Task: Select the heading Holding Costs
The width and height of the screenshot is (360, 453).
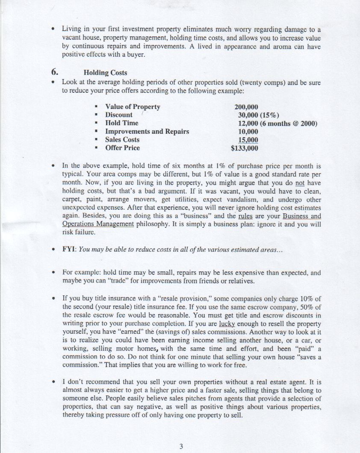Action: (x=105, y=73)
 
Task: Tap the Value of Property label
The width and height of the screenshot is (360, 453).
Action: (x=133, y=107)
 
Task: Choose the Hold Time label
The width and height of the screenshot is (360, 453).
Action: (x=122, y=123)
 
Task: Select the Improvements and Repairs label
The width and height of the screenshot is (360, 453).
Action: (x=147, y=132)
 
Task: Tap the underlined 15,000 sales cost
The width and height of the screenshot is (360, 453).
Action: (x=248, y=140)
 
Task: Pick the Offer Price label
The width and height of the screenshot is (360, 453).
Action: (x=122, y=148)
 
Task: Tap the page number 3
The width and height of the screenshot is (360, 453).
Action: (x=181, y=447)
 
